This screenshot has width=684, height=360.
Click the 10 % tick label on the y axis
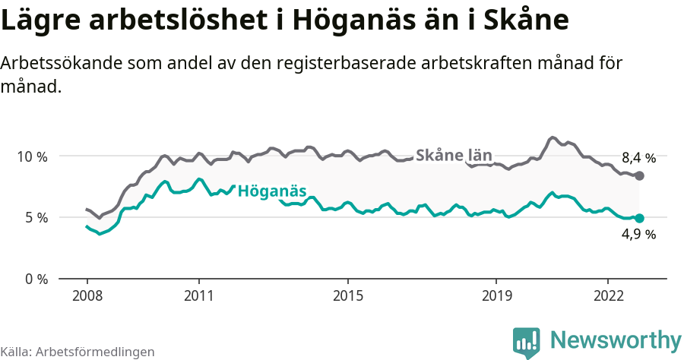coord(31,156)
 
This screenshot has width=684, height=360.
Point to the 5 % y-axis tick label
coord(35,217)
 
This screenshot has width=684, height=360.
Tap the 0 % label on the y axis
coord(35,279)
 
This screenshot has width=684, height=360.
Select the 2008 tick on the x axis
coord(87,295)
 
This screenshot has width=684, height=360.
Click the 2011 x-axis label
coord(198,295)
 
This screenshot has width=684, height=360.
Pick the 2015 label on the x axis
coord(347,295)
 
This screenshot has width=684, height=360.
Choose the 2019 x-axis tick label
coord(496,295)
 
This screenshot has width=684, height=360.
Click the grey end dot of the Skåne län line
coord(639,175)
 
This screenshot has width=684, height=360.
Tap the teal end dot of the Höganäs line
coord(639,218)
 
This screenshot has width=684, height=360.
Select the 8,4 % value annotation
coord(638,158)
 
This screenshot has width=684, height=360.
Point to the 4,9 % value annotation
coord(638,235)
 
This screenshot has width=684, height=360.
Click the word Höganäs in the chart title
coord(353,21)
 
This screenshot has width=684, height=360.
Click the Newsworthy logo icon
coord(527,342)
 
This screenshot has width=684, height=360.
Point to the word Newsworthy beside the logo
coord(616,339)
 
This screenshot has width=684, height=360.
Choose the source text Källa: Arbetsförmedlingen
coord(78,352)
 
